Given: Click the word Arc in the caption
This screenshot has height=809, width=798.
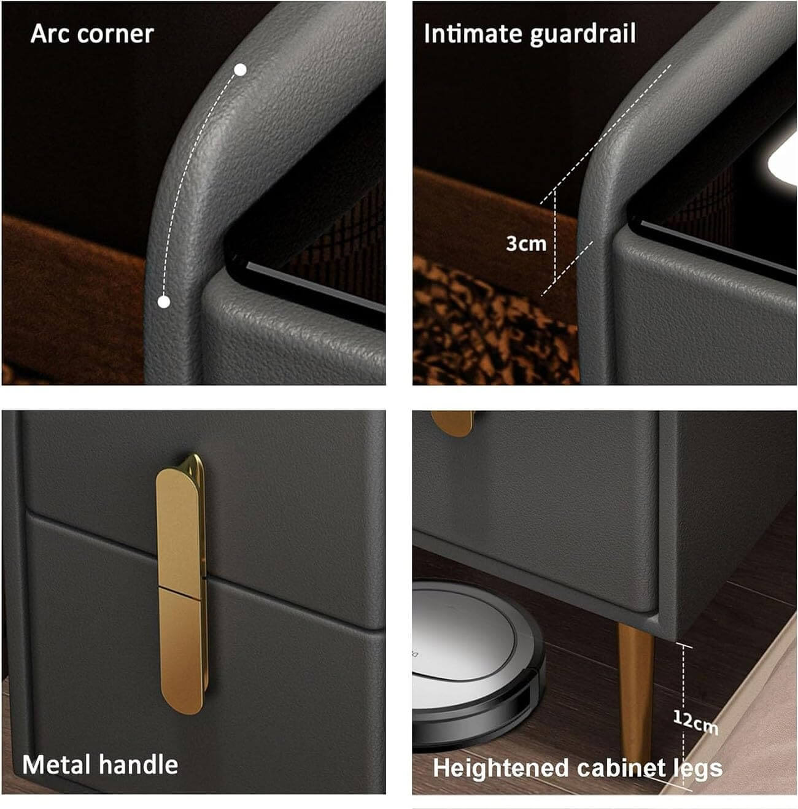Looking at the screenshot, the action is pos(50,34).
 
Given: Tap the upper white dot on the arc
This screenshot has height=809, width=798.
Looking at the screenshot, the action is pos(240,70).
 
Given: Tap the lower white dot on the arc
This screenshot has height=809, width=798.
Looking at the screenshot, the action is pos(164,302).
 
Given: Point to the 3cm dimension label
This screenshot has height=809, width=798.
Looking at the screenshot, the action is pos(526,244).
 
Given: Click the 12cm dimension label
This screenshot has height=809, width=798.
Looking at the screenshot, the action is pos(695,721).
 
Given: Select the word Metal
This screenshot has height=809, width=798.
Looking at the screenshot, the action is pos(55,764).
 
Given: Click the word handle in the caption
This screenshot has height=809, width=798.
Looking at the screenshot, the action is pos(137,764).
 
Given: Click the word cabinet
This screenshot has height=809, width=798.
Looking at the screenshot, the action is pos(622,768).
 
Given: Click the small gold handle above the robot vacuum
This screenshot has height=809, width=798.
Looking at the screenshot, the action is pos(452,422).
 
